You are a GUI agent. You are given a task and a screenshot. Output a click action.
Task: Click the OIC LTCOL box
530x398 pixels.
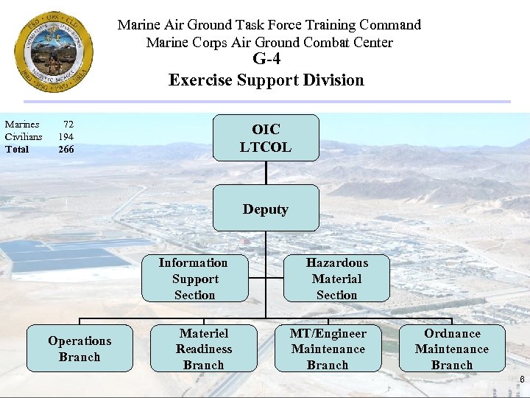[x=266, y=138]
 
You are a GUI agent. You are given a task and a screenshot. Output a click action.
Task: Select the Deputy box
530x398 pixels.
[x=266, y=209]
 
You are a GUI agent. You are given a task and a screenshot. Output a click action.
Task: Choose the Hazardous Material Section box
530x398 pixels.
[x=336, y=279]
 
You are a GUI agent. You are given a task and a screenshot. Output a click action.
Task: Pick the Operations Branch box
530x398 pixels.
[x=79, y=349]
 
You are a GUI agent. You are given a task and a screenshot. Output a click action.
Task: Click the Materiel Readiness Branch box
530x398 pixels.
[x=204, y=349]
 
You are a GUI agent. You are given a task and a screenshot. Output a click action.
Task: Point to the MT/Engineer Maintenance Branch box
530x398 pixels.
[x=328, y=349]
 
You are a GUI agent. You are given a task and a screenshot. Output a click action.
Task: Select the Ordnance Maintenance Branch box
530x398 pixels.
[x=452, y=349]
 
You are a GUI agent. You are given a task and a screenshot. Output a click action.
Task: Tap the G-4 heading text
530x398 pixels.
[x=266, y=60]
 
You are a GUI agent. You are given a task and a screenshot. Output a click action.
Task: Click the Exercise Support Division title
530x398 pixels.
[x=266, y=80]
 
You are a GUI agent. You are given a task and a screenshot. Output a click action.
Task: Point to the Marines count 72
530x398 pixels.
[x=68, y=125]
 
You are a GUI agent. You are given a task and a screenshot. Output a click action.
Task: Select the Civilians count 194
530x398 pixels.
[x=66, y=136]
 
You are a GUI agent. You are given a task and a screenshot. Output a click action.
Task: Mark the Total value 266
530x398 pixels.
[x=66, y=149]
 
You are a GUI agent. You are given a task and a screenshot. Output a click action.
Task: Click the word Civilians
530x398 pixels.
[x=24, y=136]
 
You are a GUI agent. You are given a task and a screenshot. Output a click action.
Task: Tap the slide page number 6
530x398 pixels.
[x=522, y=380]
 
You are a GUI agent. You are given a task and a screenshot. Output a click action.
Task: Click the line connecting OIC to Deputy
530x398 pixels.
[x=266, y=172]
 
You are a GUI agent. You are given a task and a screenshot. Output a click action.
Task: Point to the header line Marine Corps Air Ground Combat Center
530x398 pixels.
[x=269, y=42]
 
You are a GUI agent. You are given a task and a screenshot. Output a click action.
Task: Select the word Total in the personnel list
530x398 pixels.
[x=17, y=149]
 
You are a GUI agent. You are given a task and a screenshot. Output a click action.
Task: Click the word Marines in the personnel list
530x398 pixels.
[x=22, y=125]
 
